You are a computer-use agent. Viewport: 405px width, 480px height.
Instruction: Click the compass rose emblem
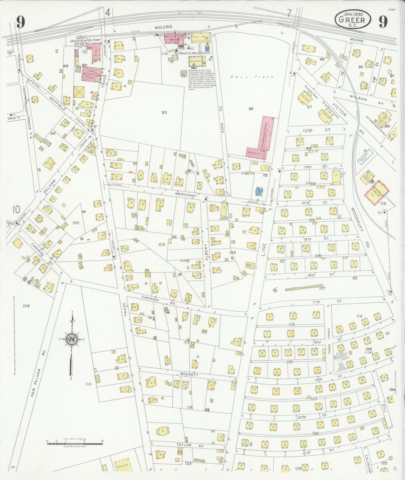coord(72,339)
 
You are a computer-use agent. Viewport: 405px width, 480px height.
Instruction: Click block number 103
coord(161,244)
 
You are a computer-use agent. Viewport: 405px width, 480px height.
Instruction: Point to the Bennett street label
coord(189,375)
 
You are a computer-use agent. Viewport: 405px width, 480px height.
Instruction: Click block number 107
coord(322,288)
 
